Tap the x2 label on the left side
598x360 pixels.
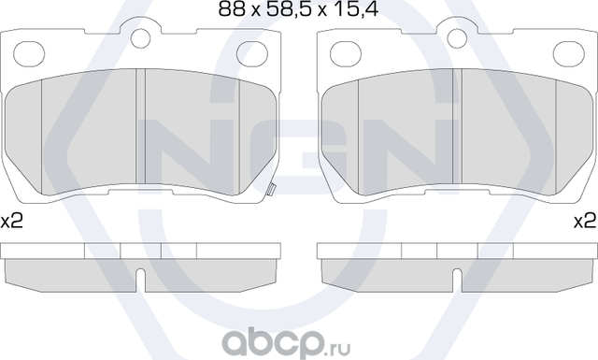[12, 222]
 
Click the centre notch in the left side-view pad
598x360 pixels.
[139, 278]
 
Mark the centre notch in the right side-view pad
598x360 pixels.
[457, 278]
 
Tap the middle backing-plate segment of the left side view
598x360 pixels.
[141, 251]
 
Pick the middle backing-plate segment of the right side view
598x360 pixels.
[458, 251]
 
